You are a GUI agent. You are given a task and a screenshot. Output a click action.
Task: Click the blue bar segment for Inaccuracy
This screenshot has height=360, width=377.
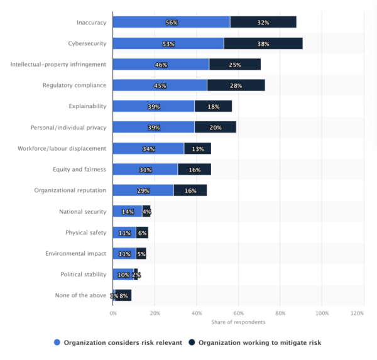pyautogui.click(x=171, y=23)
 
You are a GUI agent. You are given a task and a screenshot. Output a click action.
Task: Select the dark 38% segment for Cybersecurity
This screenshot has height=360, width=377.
pyautogui.click(x=263, y=44)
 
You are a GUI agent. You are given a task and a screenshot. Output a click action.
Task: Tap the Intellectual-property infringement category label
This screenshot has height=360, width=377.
pyautogui.click(x=58, y=64)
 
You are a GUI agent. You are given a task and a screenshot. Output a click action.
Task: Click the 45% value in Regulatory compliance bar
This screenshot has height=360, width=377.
pyautogui.click(x=160, y=85)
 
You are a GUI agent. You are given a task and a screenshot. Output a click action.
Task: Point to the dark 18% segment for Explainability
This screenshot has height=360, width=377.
pyautogui.click(x=213, y=107)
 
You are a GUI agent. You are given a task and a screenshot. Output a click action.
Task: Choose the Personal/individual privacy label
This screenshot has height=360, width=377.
pyautogui.click(x=68, y=128)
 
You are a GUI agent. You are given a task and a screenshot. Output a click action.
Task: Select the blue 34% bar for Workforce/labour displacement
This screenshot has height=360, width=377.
pyautogui.click(x=148, y=148)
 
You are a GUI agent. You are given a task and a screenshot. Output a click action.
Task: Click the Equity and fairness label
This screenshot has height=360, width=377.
pyautogui.click(x=80, y=170)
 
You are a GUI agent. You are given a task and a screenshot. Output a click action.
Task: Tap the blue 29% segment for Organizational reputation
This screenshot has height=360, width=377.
pyautogui.click(x=143, y=190)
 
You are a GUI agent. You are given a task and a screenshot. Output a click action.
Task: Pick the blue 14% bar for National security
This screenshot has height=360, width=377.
pyautogui.click(x=127, y=212)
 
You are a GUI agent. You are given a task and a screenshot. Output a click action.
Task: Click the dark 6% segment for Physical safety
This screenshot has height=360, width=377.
pyautogui.click(x=142, y=232)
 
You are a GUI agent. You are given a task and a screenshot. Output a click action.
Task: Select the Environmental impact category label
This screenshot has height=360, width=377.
pyautogui.click(x=75, y=253)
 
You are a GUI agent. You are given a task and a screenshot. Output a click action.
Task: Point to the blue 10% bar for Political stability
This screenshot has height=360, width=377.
pyautogui.click(x=123, y=275)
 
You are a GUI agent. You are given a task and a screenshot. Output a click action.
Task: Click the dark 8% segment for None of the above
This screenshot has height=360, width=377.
pyautogui.click(x=123, y=295)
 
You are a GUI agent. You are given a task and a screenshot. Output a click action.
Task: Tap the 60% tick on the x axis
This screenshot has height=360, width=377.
pyautogui.click(x=238, y=312)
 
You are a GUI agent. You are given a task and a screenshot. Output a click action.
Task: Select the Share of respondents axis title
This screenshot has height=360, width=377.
pyautogui.click(x=238, y=322)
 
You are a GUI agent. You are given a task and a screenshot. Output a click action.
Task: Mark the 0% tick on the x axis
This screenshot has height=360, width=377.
pyautogui.click(x=113, y=312)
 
